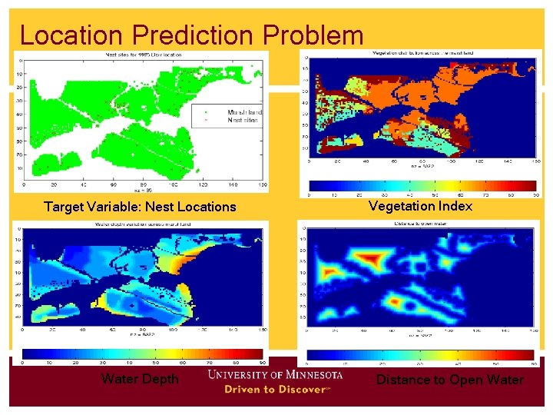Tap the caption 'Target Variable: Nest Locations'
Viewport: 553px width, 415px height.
140,207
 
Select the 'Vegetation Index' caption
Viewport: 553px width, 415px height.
420,206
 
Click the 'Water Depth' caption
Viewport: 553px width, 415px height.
140,379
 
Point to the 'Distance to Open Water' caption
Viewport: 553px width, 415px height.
449,380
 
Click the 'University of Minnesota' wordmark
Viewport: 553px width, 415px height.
275,374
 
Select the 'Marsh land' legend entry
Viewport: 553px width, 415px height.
243,112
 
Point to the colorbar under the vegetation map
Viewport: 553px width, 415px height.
423,185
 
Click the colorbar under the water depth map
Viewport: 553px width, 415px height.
142,354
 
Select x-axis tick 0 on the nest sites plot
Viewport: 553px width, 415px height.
25,185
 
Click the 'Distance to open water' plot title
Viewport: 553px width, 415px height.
421,225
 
